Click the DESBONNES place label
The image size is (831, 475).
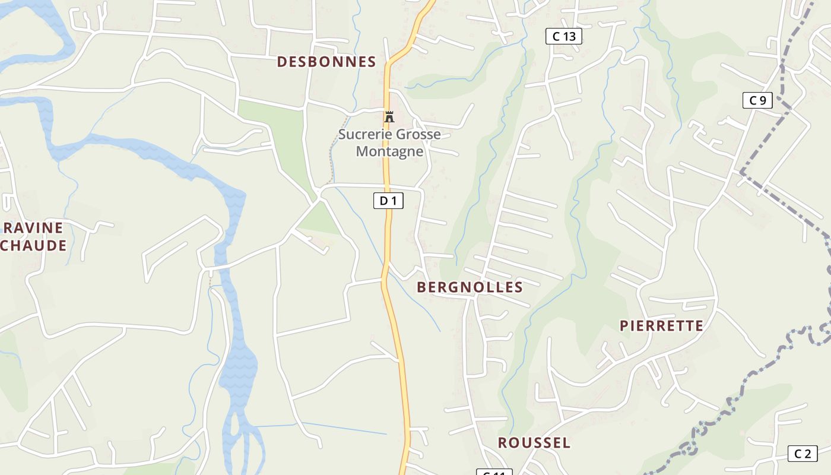(326, 62)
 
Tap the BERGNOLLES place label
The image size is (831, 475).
(470, 287)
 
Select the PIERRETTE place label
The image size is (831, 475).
(661, 326)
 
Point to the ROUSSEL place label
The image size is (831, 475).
(534, 443)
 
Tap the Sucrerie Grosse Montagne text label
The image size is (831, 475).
(389, 142)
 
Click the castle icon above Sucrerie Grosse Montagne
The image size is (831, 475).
(389, 117)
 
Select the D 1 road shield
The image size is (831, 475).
(388, 201)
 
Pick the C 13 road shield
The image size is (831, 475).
(564, 36)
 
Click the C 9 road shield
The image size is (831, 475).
(757, 100)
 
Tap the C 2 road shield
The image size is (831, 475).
(803, 454)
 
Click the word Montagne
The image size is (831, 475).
(389, 151)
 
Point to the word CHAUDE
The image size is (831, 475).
(33, 245)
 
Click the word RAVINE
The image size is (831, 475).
(33, 227)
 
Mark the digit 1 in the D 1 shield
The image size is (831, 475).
(393, 201)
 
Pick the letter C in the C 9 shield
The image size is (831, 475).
(753, 100)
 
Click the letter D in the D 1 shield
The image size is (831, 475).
(383, 201)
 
